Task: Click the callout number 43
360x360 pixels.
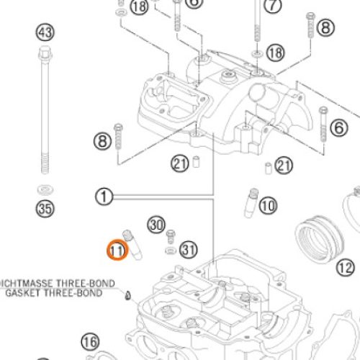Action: [45, 32]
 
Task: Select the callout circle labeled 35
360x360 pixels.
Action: [45, 210]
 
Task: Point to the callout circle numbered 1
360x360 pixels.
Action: [104, 196]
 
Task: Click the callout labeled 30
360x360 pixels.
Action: [156, 225]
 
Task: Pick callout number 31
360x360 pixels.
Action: [188, 250]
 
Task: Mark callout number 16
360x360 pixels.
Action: [89, 341]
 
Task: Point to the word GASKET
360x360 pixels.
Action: [22, 293]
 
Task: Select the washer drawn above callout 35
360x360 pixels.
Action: [45, 189]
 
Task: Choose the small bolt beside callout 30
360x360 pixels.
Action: [171, 235]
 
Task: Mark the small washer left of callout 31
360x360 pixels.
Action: [169, 251]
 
